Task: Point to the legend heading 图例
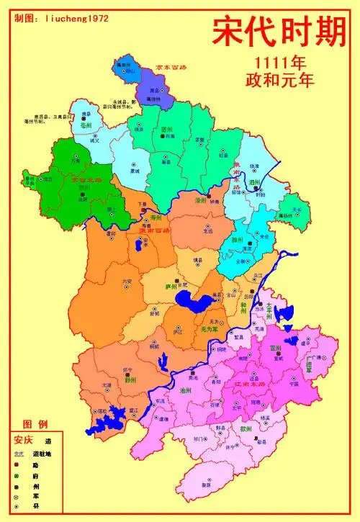35,423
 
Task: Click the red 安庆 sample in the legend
23,440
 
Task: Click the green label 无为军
209,328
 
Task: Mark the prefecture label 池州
184,390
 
